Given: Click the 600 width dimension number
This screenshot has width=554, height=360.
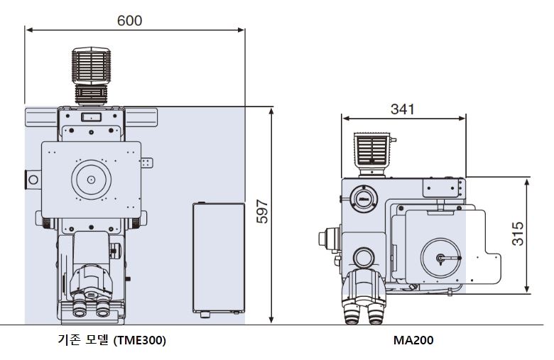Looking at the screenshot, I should pyautogui.click(x=129, y=21).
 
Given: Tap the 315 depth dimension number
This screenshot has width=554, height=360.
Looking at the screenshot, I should pyautogui.click(x=518, y=234).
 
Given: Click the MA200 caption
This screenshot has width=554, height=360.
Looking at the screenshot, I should pyautogui.click(x=413, y=341).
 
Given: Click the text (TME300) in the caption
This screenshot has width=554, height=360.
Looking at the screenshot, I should pyautogui.click(x=139, y=341).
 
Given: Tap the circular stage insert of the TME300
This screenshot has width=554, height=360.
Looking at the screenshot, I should pyautogui.click(x=91, y=180).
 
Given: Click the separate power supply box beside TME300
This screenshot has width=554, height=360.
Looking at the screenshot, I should pyautogui.click(x=218, y=258).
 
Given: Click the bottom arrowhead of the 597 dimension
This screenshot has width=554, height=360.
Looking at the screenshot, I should pyautogui.click(x=272, y=321).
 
